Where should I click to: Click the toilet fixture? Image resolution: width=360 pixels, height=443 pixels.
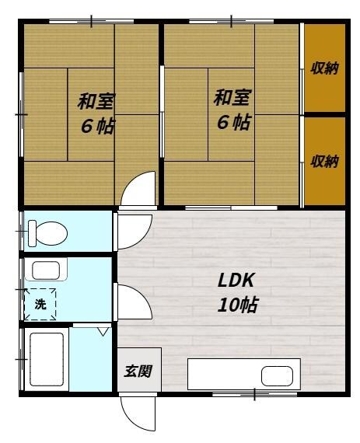point(48,232)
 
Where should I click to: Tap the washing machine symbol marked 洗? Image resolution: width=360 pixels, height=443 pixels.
point(40,304)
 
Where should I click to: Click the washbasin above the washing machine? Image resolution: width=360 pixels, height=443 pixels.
point(45,270)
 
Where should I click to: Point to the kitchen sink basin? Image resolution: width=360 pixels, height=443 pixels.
point(280,376)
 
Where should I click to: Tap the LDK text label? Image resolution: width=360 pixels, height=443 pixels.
point(236,281)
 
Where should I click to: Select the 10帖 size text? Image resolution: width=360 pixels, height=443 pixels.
point(237,304)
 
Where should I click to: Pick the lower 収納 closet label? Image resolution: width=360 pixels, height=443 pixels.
point(324,161)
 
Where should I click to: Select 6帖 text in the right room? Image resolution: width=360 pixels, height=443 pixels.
point(233,122)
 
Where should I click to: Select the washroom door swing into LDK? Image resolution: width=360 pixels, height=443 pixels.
point(132,300)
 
